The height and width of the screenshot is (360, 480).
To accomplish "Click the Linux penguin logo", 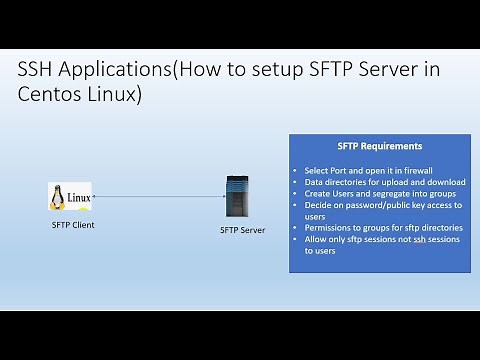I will pyautogui.click(x=57, y=197).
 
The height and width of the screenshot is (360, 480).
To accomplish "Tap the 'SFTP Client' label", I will pyautogui.click(x=72, y=225).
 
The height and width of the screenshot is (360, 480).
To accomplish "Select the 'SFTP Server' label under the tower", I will pyautogui.click(x=241, y=230).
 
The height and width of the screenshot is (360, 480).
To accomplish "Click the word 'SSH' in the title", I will pyautogui.click(x=39, y=73).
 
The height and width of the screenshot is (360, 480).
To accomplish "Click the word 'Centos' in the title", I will pyautogui.click(x=51, y=97).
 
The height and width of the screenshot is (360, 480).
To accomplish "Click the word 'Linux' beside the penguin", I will pyautogui.click(x=79, y=197).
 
